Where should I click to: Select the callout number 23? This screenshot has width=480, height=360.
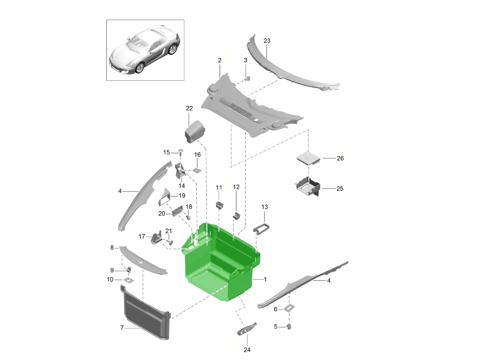pyautogui.click(x=267, y=41)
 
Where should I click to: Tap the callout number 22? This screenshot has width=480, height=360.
pyautogui.click(x=189, y=108)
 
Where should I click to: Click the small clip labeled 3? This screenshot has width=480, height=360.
pyautogui.click(x=248, y=78)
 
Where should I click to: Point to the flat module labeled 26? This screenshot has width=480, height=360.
pyautogui.click(x=308, y=158)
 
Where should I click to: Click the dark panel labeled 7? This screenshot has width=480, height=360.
pyautogui.click(x=146, y=312)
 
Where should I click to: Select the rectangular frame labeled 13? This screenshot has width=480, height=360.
pyautogui.click(x=261, y=229)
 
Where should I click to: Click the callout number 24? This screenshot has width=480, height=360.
pyautogui.click(x=247, y=350)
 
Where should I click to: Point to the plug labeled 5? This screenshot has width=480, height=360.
pyautogui.click(x=289, y=326)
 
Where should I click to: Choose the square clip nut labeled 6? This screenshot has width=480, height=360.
pyautogui.click(x=289, y=308)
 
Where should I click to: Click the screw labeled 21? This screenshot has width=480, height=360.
pyautogui.click(x=170, y=241)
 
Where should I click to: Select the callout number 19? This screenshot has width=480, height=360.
pyautogui.click(x=182, y=196)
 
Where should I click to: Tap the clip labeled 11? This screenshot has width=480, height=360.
pyautogui.click(x=220, y=205)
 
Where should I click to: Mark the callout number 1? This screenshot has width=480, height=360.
pyautogui.click(x=265, y=279)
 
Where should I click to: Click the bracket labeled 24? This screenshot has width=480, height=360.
pyautogui.click(x=247, y=329)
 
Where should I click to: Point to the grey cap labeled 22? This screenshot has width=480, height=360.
pyautogui.click(x=195, y=132)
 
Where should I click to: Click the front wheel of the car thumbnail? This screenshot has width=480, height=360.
pyautogui.click(x=140, y=68)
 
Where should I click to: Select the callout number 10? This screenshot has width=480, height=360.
pyautogui.click(x=110, y=280)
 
